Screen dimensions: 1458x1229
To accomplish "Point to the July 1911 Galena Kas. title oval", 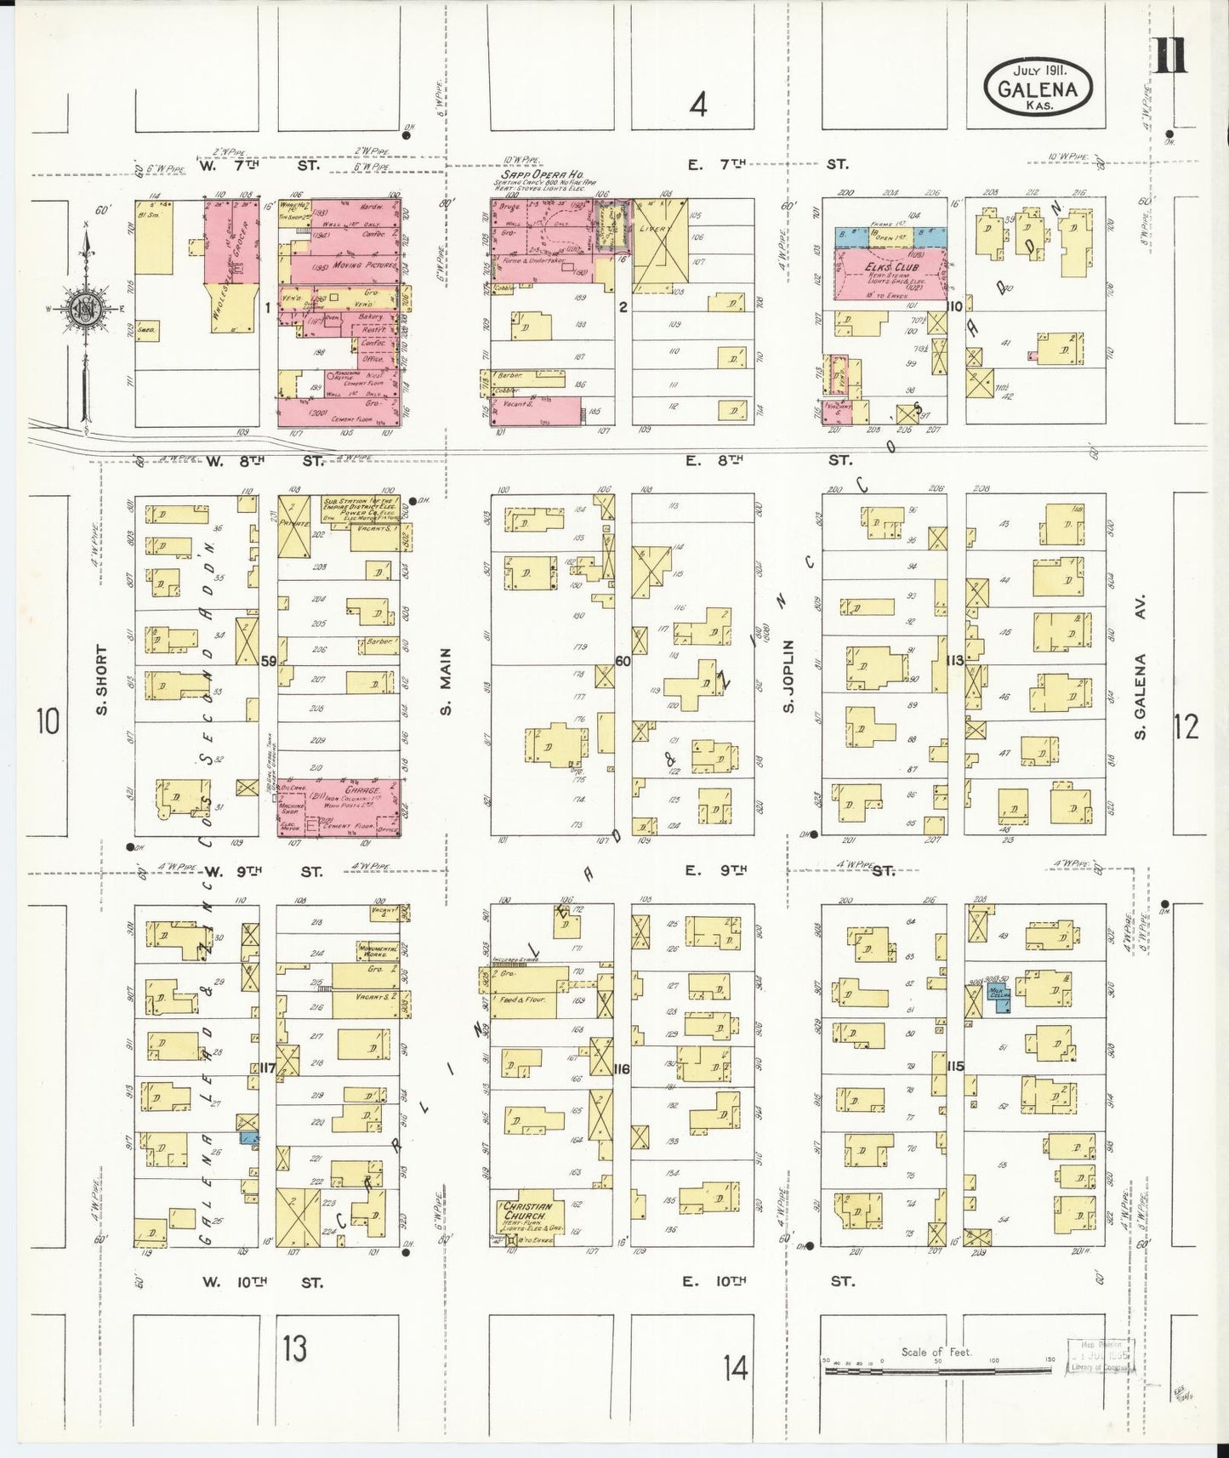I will click(1038, 88).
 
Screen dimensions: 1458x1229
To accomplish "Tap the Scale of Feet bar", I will click(936, 1369).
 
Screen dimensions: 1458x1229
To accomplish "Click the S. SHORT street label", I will click(102, 681).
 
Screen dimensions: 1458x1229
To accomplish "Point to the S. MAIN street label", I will click(446, 681).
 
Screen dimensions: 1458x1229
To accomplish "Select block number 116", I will click(621, 1068).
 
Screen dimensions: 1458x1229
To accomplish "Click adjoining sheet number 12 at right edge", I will click(1186, 726).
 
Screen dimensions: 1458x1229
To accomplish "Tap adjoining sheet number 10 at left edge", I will click(48, 721).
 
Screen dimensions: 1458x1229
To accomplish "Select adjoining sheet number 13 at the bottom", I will click(294, 1348).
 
